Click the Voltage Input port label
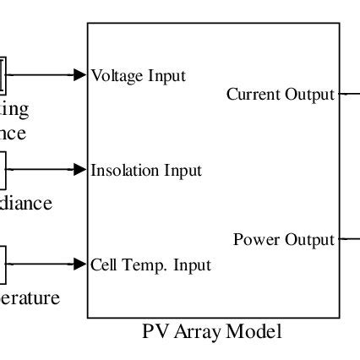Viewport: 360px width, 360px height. [139, 75]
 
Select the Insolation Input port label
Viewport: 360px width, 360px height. [146, 170]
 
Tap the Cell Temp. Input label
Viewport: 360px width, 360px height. [151, 265]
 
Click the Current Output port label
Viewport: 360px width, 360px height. [281, 95]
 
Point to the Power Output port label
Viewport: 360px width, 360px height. [284, 240]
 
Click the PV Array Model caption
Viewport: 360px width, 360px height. [212, 331]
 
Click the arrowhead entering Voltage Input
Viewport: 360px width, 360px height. [81, 74]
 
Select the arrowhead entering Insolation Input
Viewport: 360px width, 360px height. [81, 169]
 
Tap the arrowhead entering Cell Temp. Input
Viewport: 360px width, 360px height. [81, 264]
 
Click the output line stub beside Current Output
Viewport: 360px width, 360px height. [349, 95]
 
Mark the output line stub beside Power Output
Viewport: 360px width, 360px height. [349, 240]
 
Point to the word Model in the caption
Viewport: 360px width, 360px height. [257, 331]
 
